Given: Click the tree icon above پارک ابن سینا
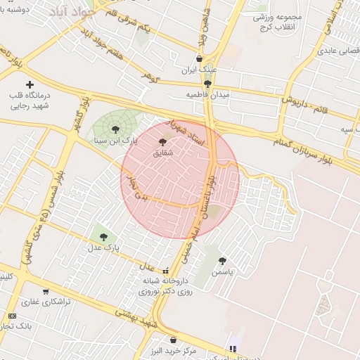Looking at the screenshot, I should tap(115, 129).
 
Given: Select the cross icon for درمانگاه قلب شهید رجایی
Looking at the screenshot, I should tap(29, 84).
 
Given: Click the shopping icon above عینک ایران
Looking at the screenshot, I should tap(200, 59).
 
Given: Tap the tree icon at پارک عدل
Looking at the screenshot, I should tap(104, 237).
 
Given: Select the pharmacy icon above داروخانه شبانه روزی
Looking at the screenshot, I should tap(165, 271).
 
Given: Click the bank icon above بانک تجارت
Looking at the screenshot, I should tap(12, 316).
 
